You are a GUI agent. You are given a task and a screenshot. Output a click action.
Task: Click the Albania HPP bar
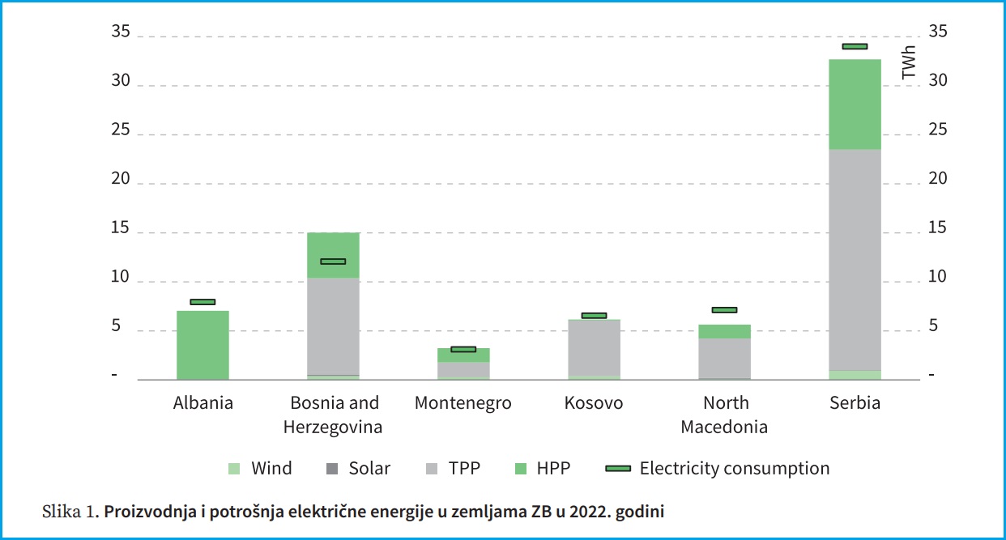click(x=202, y=345)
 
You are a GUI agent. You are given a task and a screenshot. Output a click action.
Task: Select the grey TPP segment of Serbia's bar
click(x=855, y=259)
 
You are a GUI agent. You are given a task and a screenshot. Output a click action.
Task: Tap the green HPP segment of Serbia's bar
click(x=855, y=104)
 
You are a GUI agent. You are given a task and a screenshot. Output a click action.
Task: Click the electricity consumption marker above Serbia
click(x=855, y=46)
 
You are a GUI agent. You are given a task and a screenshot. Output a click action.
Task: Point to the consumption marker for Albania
click(x=202, y=302)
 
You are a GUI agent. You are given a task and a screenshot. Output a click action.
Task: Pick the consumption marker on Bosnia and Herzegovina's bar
click(x=333, y=261)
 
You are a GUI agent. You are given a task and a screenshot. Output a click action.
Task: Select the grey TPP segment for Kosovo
click(x=594, y=347)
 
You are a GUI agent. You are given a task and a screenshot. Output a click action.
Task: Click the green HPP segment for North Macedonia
click(x=724, y=331)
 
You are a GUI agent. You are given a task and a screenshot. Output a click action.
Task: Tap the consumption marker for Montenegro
click(x=463, y=349)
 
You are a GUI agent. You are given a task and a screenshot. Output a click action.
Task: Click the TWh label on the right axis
click(x=909, y=62)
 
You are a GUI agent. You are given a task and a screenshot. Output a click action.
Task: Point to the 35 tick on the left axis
click(x=121, y=32)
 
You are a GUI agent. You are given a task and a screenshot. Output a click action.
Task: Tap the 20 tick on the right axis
click(x=937, y=179)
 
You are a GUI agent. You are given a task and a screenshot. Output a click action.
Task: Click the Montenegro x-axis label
click(x=463, y=403)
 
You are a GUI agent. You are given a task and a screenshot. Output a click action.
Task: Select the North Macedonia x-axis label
click(x=724, y=415)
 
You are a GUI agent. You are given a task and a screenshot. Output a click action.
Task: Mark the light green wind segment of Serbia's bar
click(x=855, y=375)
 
